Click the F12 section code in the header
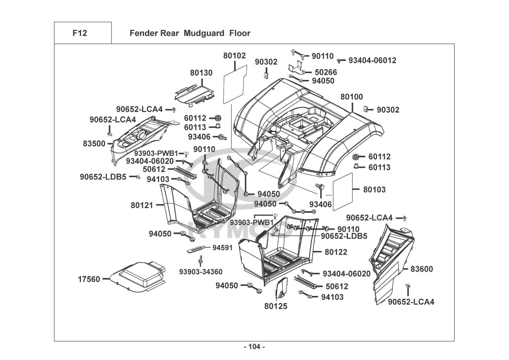tap(79, 33)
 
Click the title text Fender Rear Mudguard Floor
tap(190, 33)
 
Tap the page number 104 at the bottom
tap(254, 347)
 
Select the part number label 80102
tap(235, 56)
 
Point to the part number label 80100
tap(351, 97)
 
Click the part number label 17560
tap(89, 279)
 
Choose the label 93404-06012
tap(372, 60)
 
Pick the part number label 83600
tap(422, 269)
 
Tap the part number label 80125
tap(276, 306)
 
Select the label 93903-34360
tap(201, 271)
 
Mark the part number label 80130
tap(201, 73)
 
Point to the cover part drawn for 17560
tap(138, 275)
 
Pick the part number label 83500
tap(94, 144)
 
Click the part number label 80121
tap(142, 205)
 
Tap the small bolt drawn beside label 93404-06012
tap(339, 60)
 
